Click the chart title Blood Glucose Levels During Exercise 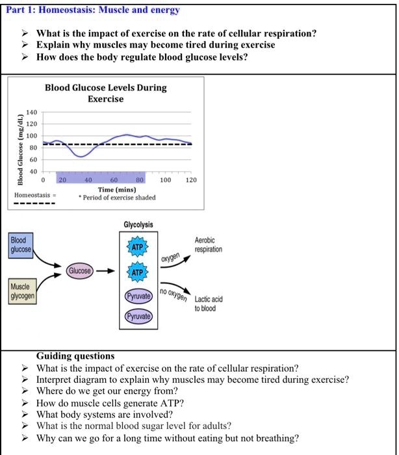coord(106,94)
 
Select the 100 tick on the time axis coord(166,179)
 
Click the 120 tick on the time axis coord(190,179)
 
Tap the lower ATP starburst coord(137,273)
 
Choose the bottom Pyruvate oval coord(138,317)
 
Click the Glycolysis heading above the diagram coord(138,225)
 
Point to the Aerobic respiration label coord(208,244)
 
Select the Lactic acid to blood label coord(208,304)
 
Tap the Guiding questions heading coord(75,356)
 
